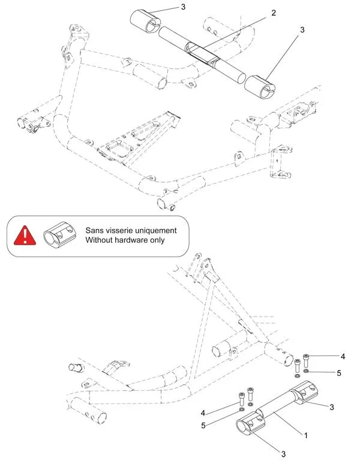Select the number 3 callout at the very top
pyautogui.click(x=184, y=7)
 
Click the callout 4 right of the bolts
pyautogui.click(x=343, y=356)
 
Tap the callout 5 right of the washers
pyautogui.click(x=339, y=372)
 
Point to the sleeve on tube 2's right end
pyautogui.click(x=259, y=86)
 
